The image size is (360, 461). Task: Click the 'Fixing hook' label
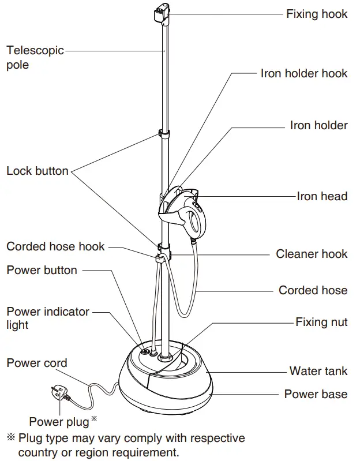tap(316, 14)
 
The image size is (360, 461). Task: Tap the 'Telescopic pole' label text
tap(35, 57)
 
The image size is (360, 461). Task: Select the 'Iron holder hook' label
tap(303, 73)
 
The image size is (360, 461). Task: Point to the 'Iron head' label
tap(322, 196)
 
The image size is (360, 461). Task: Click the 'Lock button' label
tap(37, 171)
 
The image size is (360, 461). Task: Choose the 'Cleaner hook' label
tap(312, 254)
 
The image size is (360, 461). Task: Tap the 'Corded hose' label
tap(313, 290)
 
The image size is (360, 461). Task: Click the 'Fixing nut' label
tap(321, 322)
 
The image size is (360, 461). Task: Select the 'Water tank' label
tap(318, 371)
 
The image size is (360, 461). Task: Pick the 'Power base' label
tap(316, 395)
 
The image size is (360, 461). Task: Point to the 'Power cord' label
tap(37, 363)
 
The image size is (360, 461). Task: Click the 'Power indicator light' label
tap(48, 318)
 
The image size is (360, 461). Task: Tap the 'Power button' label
tap(42, 270)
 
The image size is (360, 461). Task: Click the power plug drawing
tap(60, 394)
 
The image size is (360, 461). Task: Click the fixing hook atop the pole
tap(163, 13)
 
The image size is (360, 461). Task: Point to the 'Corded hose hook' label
tap(55, 246)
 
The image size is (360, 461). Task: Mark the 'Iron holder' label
tap(318, 125)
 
